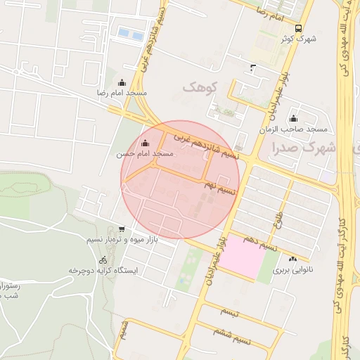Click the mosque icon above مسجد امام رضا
click(x=122, y=82)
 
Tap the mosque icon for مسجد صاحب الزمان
click(x=293, y=119)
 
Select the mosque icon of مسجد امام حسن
click(x=146, y=143)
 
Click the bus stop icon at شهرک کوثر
click(x=300, y=29)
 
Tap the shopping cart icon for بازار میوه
click(x=122, y=229)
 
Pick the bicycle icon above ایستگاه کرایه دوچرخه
click(x=103, y=260)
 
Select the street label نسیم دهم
click(x=259, y=242)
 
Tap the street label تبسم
click(x=229, y=310)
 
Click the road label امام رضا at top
click(x=269, y=13)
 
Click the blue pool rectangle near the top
click(x=131, y=33)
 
